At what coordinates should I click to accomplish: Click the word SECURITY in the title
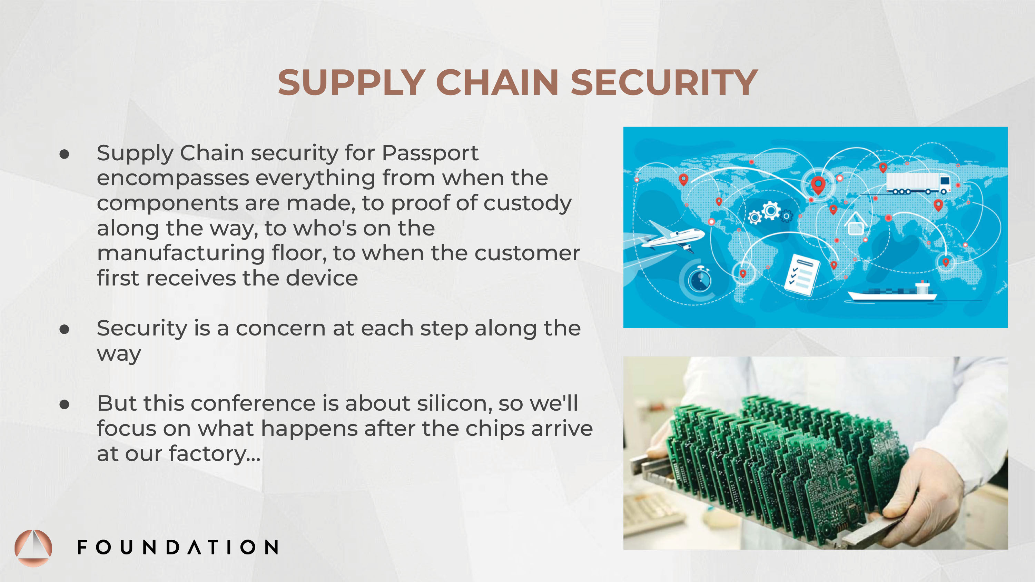(x=664, y=82)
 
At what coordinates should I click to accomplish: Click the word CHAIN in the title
(x=497, y=82)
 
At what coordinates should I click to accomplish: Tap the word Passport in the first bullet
(x=430, y=153)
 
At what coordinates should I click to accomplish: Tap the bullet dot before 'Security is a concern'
(x=64, y=329)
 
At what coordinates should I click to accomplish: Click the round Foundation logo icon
(x=33, y=548)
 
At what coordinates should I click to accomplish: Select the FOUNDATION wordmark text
(x=178, y=547)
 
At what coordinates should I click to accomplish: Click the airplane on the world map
(x=671, y=237)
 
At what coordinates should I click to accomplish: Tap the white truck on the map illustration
(x=918, y=183)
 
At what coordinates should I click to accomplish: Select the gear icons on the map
(x=770, y=212)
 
